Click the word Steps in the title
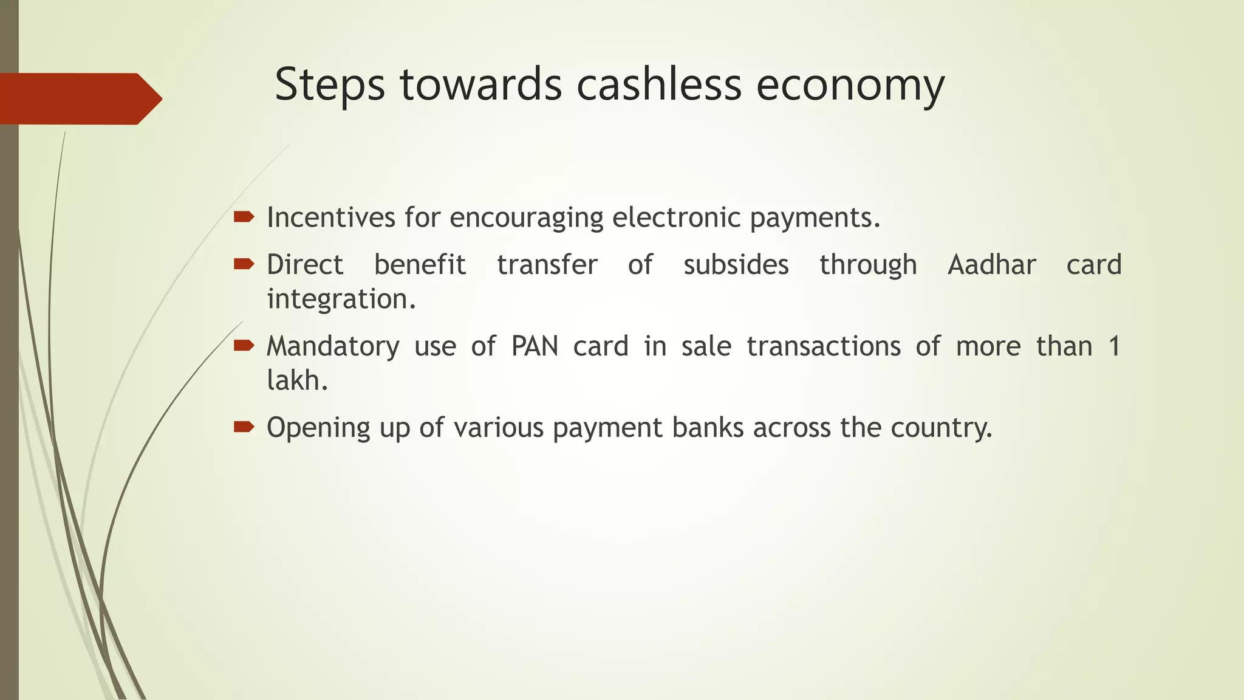pos(330,85)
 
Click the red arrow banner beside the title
pos(79,98)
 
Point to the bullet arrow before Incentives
pos(244,217)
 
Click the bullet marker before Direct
pos(244,264)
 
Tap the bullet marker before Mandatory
pos(244,346)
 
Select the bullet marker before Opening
pos(244,427)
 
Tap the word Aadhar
pos(991,265)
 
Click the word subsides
pos(736,265)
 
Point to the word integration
pos(341,299)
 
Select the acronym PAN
pos(535,346)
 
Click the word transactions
pos(824,346)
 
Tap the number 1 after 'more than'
pos(1113,346)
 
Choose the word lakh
pos(296,380)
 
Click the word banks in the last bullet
pos(708,428)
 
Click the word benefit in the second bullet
pos(420,265)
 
